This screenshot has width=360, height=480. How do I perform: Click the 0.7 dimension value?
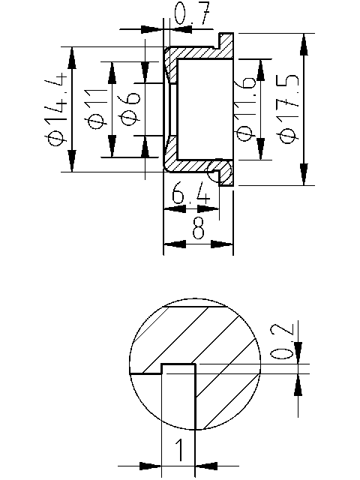click(190, 15)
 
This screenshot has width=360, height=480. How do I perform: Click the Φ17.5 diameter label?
click(288, 109)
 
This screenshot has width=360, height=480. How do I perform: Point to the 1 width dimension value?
click(179, 451)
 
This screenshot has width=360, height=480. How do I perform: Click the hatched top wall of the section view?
click(196, 54)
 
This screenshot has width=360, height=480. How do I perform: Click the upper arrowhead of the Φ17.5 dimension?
click(304, 43)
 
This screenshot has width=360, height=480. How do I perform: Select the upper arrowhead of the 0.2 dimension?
click(299, 354)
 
